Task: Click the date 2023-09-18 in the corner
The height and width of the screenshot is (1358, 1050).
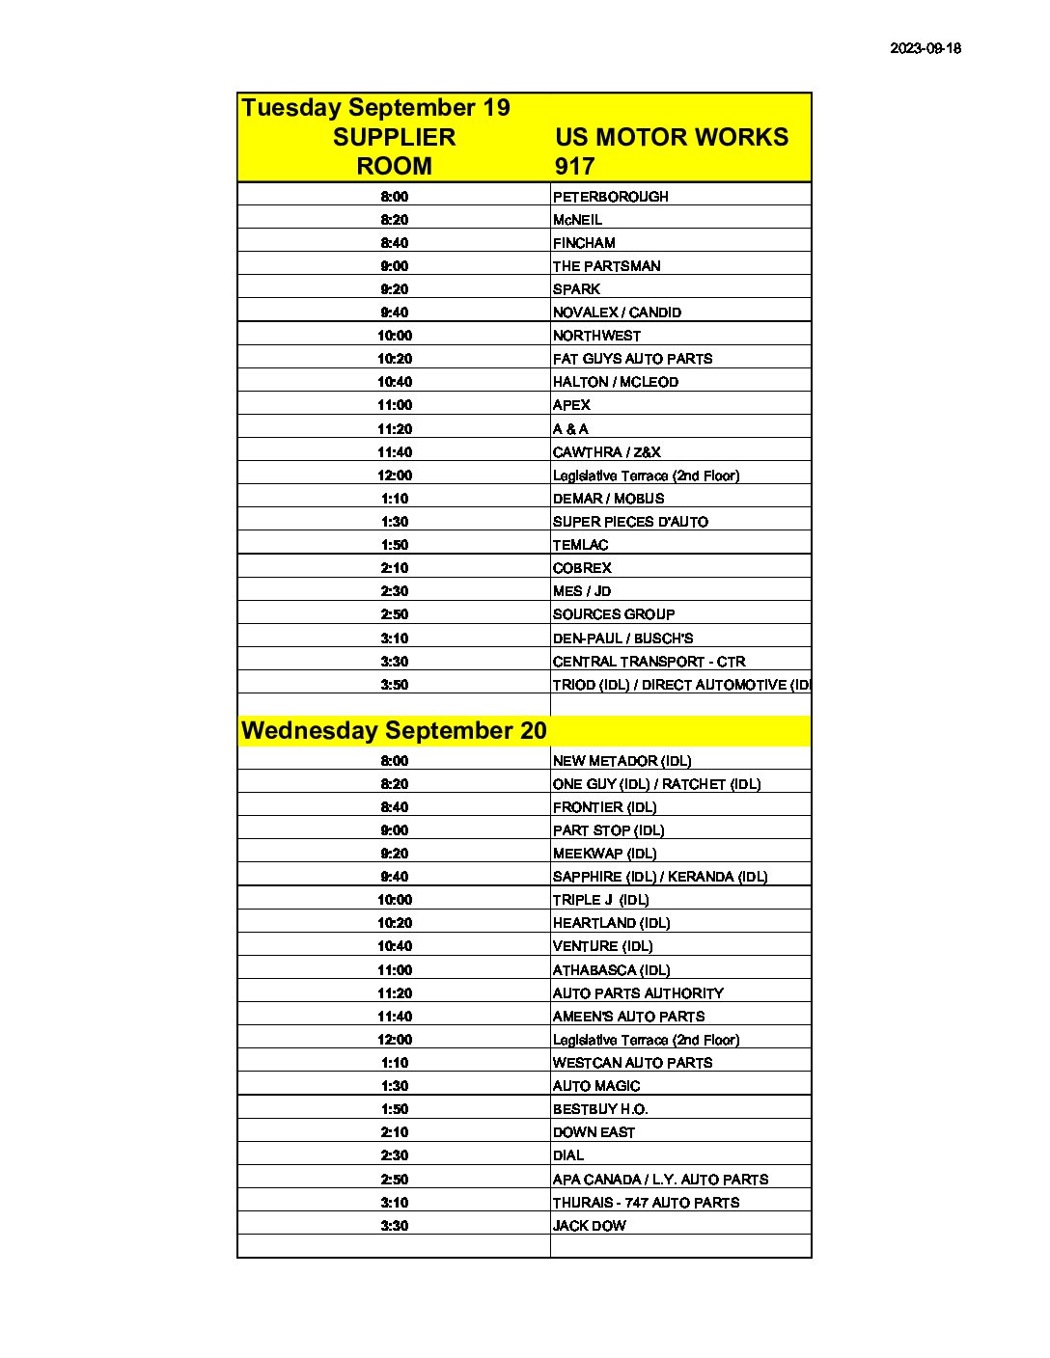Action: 925,48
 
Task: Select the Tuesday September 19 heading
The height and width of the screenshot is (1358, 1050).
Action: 375,107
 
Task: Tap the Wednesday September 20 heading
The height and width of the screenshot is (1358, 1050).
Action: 394,730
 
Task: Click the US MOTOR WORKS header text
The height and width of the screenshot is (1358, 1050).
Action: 671,137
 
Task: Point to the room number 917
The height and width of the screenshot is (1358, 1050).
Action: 574,166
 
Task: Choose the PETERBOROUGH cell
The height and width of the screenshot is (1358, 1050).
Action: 610,197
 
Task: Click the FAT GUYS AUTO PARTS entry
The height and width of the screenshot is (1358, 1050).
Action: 632,359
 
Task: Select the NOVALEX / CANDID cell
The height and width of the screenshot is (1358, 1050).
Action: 617,312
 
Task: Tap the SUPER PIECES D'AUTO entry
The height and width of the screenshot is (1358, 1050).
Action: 630,522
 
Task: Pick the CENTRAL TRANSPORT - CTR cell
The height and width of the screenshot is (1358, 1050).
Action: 649,662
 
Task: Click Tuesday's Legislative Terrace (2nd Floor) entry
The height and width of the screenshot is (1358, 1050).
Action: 646,475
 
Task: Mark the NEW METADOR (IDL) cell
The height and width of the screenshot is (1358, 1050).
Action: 622,761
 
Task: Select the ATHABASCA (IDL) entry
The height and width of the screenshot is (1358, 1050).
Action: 611,970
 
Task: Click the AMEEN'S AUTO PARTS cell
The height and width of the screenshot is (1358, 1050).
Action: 628,1017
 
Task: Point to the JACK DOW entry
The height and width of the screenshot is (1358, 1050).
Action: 589,1226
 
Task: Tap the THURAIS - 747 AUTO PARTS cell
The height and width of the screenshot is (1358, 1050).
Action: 646,1203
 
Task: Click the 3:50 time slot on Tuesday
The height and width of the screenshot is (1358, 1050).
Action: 394,685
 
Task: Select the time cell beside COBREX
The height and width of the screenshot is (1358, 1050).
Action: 394,568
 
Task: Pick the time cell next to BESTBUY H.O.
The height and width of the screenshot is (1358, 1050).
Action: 394,1109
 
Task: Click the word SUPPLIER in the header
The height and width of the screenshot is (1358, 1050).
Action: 394,137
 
